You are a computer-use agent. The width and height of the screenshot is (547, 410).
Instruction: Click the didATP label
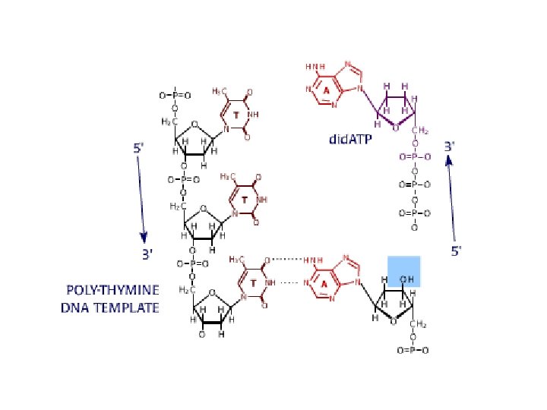click(x=349, y=139)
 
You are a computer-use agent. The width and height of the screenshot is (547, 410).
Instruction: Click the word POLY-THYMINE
click(x=110, y=291)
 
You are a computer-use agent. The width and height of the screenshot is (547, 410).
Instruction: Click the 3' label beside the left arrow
click(x=149, y=255)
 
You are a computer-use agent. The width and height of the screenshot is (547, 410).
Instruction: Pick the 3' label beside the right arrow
click(x=450, y=144)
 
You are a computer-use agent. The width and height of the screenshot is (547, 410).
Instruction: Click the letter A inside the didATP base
click(x=326, y=90)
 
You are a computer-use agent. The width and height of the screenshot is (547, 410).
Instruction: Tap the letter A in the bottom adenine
click(x=324, y=283)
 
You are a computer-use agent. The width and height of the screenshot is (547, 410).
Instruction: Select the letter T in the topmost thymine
click(x=236, y=115)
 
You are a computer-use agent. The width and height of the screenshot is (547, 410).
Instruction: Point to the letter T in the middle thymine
click(x=244, y=200)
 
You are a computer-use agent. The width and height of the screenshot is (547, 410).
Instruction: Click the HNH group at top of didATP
click(x=315, y=67)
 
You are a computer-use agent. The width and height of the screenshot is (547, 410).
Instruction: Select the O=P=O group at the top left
click(x=175, y=96)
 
